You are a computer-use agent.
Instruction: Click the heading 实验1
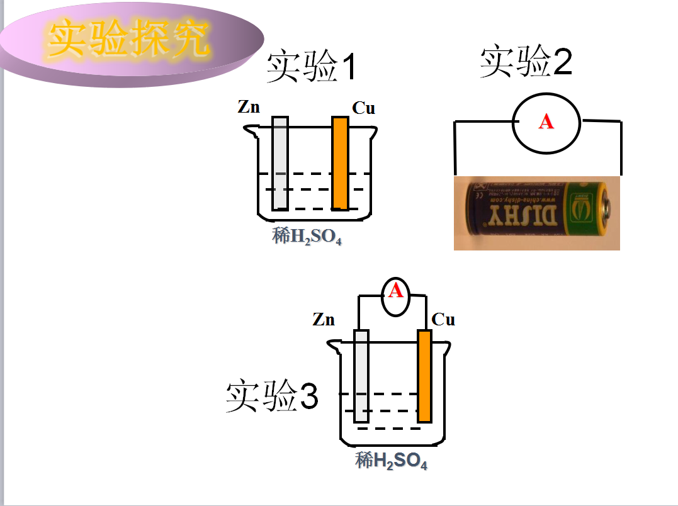coord(311,67)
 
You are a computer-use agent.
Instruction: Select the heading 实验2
coord(526,63)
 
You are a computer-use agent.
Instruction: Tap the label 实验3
coord(272,397)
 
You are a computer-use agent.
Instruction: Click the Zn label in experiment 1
coord(249,107)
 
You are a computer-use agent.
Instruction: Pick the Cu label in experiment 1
coord(363,108)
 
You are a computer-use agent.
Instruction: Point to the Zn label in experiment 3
coord(324,320)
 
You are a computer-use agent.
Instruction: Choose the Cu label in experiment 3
coord(443,320)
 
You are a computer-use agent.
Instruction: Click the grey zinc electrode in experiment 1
coord(280,164)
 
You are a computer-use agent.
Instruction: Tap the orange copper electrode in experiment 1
coord(340,164)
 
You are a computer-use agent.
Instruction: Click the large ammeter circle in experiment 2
coord(546,123)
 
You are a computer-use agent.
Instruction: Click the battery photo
coord(536,213)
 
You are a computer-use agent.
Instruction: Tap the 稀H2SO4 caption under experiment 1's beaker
coord(307,237)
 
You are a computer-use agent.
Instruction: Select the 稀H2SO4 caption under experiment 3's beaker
coord(391,461)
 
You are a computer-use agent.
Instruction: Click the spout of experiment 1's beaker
coord(250,132)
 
